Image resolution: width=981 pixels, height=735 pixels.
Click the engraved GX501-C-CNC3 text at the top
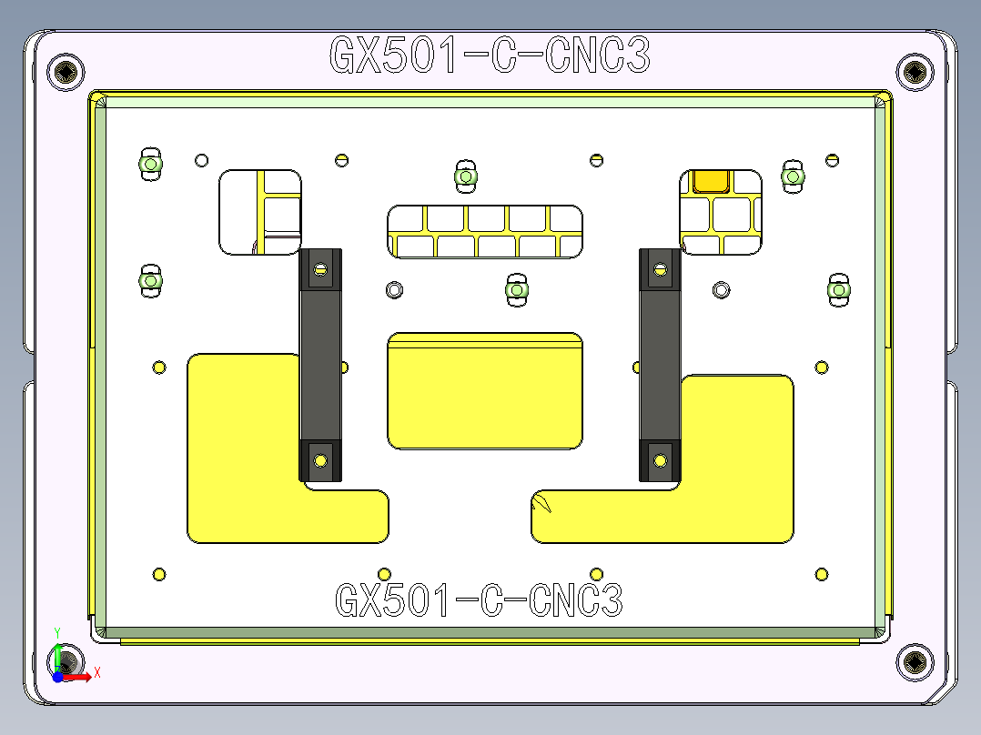click(x=490, y=55)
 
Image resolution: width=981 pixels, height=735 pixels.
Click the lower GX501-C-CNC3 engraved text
click(x=480, y=600)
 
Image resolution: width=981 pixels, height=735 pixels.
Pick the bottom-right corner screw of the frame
click(x=915, y=661)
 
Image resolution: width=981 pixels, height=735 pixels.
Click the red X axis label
click(x=96, y=672)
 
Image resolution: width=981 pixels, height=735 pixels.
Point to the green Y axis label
click(x=57, y=630)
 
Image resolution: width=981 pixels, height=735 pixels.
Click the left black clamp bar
click(x=320, y=364)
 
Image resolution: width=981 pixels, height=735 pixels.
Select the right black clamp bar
click(x=660, y=364)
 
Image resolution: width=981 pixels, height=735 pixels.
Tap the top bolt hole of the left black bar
click(x=320, y=269)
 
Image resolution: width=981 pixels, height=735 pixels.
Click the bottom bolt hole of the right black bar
click(x=660, y=459)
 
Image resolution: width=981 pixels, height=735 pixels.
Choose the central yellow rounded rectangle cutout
click(x=485, y=391)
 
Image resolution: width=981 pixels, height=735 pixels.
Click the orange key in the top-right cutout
click(x=711, y=180)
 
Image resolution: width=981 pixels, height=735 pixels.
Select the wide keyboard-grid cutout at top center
click(x=485, y=232)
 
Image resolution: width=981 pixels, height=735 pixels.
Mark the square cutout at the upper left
click(x=260, y=211)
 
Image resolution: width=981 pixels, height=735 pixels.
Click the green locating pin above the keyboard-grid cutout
click(x=466, y=176)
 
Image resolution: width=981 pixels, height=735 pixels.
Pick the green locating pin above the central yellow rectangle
click(x=517, y=290)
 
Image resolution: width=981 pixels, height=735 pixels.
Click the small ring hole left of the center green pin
click(x=394, y=289)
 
